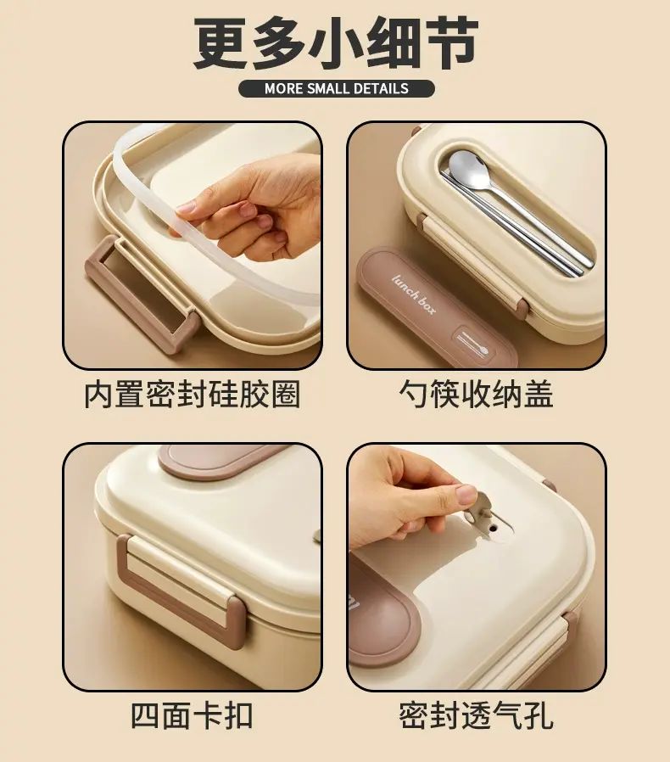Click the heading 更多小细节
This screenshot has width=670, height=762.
tap(336, 44)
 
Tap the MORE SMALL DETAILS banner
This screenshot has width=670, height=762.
tap(336, 88)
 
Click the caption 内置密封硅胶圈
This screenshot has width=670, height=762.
tap(192, 394)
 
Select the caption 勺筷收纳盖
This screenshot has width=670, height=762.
tap(476, 394)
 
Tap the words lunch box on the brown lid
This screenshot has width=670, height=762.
tap(414, 295)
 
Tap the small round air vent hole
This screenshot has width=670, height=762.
tap(495, 527)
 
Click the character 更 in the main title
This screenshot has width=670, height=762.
tap(221, 44)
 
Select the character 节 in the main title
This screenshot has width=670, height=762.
tap(451, 44)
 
